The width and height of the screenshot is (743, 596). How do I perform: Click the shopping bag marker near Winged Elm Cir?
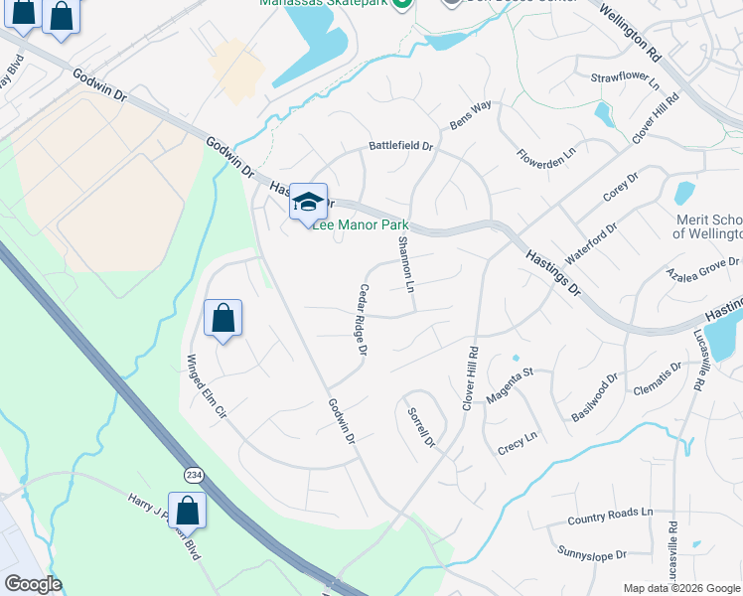pos(223,319)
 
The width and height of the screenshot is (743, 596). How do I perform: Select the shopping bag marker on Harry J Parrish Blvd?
pos(187,511)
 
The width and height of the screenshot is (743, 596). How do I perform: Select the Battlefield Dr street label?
pos(401,146)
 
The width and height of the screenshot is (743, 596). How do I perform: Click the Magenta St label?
pos(510,385)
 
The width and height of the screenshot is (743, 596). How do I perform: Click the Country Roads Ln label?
pos(610,518)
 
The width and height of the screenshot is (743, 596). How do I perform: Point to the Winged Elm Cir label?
pos(208,386)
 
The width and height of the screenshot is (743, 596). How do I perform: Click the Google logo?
pos(33,584)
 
